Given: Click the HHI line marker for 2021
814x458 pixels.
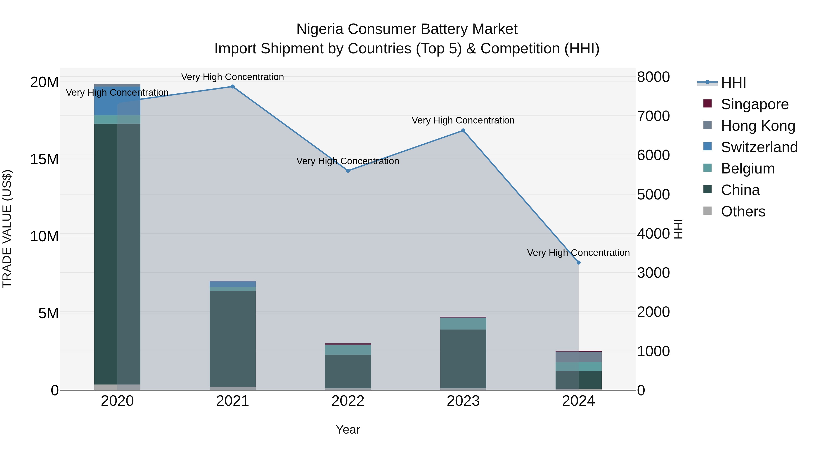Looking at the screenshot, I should coord(233,87).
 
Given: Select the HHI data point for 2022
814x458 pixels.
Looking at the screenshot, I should coord(348,171).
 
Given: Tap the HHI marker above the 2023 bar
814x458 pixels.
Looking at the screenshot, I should coord(463,131).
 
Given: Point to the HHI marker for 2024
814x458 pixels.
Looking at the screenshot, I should coord(579,263).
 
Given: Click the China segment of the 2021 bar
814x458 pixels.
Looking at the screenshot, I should coord(233,338).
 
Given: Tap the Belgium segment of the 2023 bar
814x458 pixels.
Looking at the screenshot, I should coord(463,324).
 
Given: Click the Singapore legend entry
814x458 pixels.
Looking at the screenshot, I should coord(755,104).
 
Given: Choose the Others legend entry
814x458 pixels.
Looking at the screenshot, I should coord(743,211).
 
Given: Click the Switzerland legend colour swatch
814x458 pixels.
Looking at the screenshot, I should coord(708,147).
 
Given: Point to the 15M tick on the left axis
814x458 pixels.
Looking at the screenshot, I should coord(44,159).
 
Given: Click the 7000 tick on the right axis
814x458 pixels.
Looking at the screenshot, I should coord(653,116).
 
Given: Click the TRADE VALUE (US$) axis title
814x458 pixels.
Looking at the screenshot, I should coord(7,229).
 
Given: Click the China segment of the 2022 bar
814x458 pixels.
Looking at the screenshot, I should coord(348,371).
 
